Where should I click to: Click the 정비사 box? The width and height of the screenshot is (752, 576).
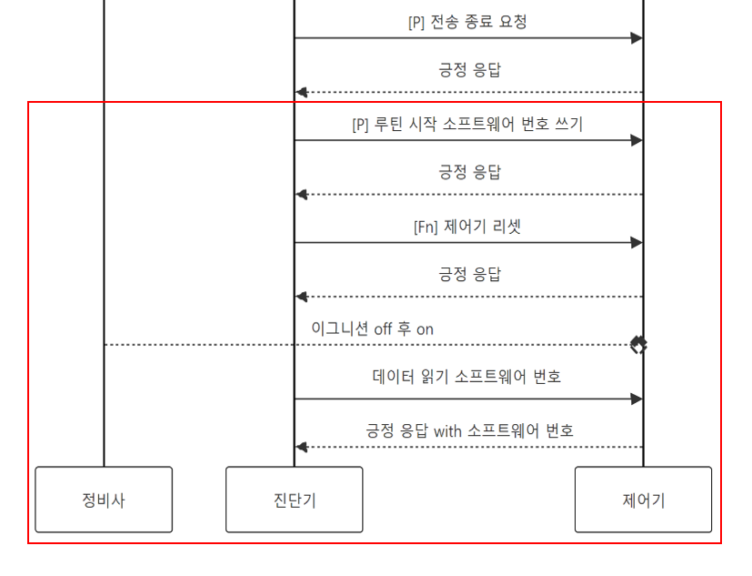click(x=104, y=500)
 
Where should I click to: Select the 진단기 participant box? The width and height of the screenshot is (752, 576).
click(x=294, y=500)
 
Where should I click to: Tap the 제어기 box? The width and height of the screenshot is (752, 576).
click(x=643, y=500)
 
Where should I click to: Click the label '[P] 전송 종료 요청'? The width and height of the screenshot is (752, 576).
click(x=467, y=22)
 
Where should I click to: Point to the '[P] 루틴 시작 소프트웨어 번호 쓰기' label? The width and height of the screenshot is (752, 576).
click(x=467, y=125)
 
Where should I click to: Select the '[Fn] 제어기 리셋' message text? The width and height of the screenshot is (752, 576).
click(x=467, y=227)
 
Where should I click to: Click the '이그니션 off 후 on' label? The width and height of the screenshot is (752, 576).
click(x=372, y=329)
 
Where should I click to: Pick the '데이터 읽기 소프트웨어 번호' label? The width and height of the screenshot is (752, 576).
click(x=467, y=376)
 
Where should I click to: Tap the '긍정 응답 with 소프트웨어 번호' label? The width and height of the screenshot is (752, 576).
click(x=469, y=430)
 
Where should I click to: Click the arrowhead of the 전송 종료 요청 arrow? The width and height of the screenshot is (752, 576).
click(x=637, y=38)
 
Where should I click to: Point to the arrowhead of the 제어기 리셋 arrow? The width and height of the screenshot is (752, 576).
click(x=637, y=243)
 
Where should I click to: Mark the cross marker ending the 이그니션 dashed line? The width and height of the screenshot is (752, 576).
click(x=638, y=345)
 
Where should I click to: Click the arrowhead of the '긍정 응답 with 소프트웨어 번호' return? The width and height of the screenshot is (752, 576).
click(x=301, y=447)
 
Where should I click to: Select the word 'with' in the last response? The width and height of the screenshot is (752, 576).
click(x=447, y=431)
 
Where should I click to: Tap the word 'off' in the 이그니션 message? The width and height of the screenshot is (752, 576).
click(x=383, y=329)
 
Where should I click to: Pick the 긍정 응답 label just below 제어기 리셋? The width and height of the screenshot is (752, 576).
click(x=469, y=274)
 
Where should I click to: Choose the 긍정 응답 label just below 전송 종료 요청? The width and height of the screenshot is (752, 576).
click(x=469, y=69)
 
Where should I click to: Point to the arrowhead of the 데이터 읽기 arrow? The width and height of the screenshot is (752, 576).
click(x=637, y=399)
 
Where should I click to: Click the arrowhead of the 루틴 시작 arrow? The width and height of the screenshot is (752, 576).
click(x=637, y=140)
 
